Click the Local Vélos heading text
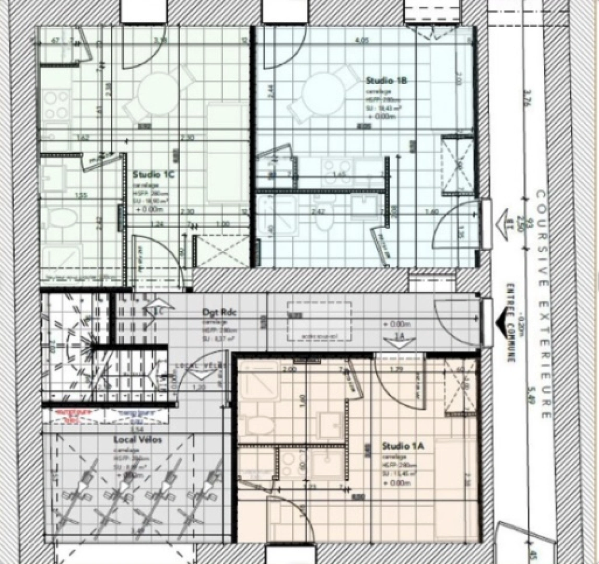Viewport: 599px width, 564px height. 138,440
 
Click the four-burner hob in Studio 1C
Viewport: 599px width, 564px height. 56,105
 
